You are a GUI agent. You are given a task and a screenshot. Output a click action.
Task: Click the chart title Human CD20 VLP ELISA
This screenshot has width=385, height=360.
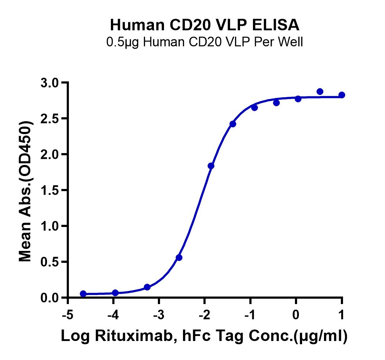coord(205,25)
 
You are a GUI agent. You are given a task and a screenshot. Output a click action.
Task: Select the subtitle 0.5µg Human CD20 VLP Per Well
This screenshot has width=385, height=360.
coord(205,42)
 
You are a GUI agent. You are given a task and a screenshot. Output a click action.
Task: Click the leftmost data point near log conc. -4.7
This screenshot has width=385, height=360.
coord(83,294)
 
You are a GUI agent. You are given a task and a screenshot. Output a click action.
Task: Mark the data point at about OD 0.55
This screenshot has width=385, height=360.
coord(179,257)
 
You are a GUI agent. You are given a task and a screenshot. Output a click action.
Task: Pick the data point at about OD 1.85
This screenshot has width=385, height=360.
coord(211,166)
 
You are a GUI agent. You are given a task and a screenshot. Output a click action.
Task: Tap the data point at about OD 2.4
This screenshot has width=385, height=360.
coord(233,124)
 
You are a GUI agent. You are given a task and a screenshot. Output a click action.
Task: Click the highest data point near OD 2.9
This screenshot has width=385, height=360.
coord(320,91)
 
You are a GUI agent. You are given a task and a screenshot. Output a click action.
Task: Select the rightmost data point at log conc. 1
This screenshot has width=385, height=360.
coord(342,95)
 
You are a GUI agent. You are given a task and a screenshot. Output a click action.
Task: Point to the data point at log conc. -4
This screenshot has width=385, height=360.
coord(115,293)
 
